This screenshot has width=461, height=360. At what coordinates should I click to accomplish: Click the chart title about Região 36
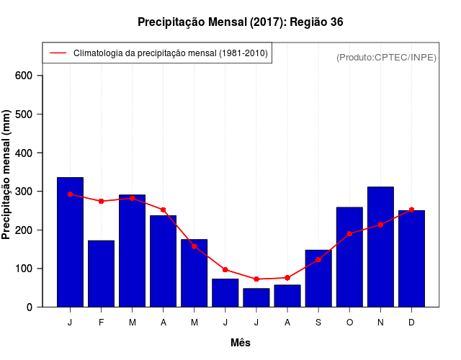241,22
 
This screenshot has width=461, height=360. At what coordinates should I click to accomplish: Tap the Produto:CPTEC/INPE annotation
386,58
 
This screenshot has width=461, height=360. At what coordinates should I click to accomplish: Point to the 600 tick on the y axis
29,76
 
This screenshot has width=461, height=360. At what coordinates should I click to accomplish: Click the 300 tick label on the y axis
29,192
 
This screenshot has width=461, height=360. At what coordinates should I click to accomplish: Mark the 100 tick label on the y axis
29,269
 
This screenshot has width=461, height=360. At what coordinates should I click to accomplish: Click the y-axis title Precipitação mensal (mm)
7,174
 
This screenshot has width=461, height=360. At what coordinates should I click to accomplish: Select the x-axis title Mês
241,343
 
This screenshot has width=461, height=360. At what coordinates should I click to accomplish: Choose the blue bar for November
380,247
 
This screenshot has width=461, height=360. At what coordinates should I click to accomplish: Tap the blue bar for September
318,279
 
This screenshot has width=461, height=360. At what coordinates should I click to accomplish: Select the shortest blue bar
256,297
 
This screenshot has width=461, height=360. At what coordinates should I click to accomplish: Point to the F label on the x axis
101,323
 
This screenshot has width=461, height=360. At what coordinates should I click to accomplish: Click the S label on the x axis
318,323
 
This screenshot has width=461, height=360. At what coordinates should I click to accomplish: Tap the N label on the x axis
380,323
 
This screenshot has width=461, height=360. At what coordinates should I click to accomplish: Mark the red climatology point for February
101,201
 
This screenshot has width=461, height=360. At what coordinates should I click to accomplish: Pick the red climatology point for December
411,210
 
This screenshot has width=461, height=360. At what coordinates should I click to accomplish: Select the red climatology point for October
349,234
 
